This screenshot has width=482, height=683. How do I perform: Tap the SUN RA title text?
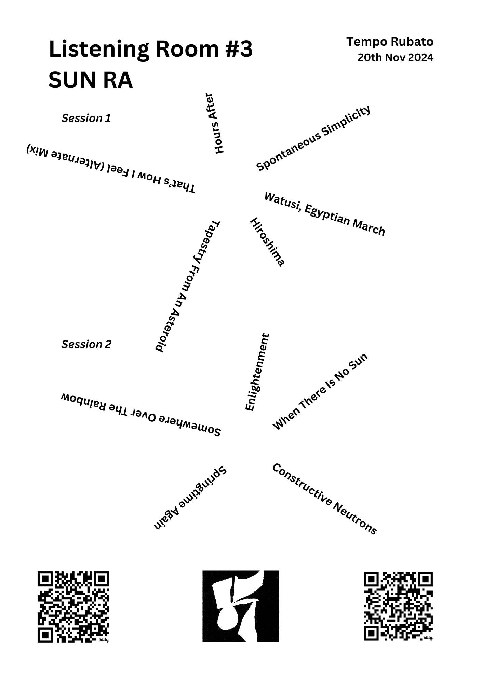[x=91, y=81]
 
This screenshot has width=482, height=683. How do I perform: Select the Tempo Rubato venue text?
[x=390, y=42]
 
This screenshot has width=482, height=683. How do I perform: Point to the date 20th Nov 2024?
[x=395, y=58]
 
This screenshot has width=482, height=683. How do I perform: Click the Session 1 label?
[x=86, y=118]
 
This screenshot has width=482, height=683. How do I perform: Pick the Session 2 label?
[x=86, y=344]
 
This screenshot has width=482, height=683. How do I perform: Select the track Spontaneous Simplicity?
[x=313, y=138]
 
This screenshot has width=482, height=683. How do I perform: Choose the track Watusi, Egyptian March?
[x=325, y=214]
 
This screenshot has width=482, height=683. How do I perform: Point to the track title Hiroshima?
[x=267, y=242]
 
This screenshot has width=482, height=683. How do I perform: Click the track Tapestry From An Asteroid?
[x=187, y=286]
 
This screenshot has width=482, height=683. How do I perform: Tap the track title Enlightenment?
[x=257, y=372]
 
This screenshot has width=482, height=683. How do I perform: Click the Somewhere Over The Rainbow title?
[x=141, y=415]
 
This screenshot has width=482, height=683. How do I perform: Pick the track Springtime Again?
[x=190, y=498]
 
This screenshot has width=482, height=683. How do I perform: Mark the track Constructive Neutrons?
[x=324, y=499]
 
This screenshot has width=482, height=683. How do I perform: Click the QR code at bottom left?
[x=73, y=607]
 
